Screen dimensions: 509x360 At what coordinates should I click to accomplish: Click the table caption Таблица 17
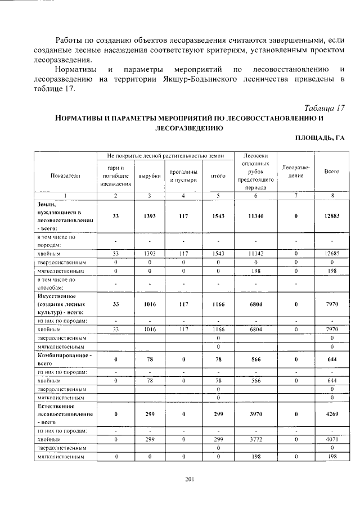(323, 107)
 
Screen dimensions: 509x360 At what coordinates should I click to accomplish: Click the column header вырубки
(149, 175)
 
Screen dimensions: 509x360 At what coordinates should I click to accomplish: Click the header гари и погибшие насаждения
(115, 175)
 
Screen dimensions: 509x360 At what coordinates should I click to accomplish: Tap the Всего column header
(332, 172)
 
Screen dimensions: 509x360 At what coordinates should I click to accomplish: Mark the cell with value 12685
(332, 253)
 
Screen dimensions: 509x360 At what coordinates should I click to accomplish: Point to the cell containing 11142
(255, 253)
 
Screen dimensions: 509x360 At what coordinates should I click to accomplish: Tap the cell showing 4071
(332, 439)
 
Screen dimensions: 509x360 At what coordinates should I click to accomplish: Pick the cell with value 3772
(255, 439)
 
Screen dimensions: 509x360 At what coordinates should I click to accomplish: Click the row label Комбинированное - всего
(64, 359)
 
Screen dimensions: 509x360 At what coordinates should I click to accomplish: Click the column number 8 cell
(332, 196)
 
